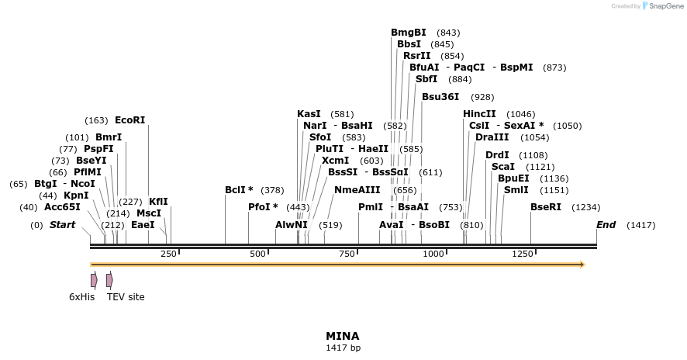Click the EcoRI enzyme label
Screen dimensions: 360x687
129,120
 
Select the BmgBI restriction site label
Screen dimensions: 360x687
408,33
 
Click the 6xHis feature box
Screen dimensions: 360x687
94,280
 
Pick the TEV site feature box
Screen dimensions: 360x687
109,280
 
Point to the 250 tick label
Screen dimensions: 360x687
168,254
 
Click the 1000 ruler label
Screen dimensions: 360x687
433,254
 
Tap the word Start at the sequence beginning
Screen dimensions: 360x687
62,225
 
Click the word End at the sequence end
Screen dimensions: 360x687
606,225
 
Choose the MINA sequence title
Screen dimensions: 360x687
343,336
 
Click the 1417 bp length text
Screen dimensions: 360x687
343,348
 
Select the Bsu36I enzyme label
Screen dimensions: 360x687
440,97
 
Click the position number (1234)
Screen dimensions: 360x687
585,208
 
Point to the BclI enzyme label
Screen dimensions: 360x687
239,190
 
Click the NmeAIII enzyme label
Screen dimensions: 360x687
357,190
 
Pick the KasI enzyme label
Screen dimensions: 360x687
309,114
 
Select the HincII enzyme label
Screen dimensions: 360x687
479,114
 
